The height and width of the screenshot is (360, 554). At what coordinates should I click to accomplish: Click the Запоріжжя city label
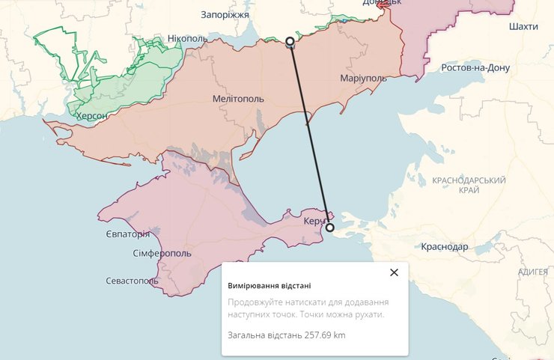tap(225, 14)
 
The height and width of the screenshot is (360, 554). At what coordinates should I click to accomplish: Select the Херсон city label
tap(91, 116)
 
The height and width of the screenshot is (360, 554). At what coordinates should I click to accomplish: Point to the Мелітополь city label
tap(237, 98)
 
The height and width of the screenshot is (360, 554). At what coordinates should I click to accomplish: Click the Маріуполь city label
tap(363, 78)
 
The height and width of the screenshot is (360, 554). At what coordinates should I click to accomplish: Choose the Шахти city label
tap(523, 26)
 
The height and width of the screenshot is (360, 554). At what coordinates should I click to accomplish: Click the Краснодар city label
tap(445, 246)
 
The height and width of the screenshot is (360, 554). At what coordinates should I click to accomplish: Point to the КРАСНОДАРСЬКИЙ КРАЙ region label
tap(469, 186)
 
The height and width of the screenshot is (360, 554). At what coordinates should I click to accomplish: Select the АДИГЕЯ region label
tap(532, 272)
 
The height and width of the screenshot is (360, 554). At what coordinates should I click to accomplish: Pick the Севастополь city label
tap(132, 281)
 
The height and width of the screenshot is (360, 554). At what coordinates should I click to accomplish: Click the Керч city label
tap(315, 222)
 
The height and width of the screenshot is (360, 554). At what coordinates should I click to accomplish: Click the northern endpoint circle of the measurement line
tap(290, 41)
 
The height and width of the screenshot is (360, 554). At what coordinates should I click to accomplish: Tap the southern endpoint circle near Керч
tap(330, 227)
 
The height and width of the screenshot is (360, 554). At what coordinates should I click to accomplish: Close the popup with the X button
tap(395, 272)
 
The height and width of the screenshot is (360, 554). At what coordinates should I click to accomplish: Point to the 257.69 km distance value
tap(325, 335)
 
